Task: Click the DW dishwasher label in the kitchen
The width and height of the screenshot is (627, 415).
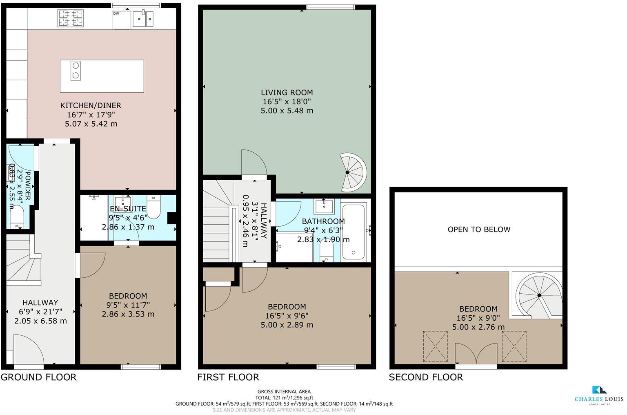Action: (x=116, y=13)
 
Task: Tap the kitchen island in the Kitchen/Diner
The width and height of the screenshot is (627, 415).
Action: (x=102, y=76)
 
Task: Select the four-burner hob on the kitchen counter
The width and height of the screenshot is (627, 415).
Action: (x=71, y=18)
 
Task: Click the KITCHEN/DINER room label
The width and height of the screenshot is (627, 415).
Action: (x=91, y=105)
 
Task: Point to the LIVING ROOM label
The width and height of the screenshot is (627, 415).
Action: (x=287, y=93)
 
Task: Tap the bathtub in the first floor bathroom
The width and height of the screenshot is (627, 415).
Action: (x=354, y=232)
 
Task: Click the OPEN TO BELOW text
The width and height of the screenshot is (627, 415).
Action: (x=479, y=230)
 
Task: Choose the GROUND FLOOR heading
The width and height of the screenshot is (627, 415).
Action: (x=38, y=377)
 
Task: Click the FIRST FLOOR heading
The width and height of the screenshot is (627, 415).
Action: (x=228, y=377)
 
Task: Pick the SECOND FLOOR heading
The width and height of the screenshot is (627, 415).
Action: (x=426, y=377)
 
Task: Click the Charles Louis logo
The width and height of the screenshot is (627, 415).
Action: (x=599, y=395)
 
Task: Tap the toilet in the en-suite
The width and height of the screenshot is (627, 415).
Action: (x=154, y=207)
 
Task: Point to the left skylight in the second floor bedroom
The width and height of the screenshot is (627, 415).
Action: (x=435, y=346)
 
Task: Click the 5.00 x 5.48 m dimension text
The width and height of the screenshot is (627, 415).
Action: (x=287, y=111)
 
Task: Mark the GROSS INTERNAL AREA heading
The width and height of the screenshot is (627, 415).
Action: (x=284, y=391)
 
